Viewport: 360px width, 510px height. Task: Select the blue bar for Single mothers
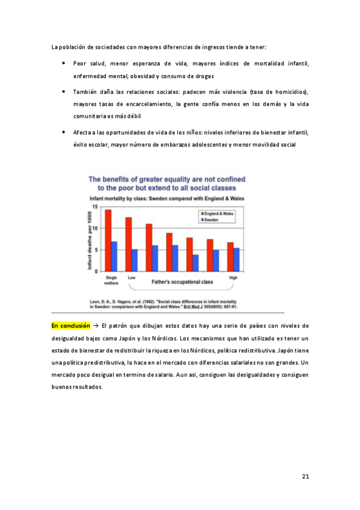(114, 256)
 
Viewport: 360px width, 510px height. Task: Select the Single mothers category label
(112, 280)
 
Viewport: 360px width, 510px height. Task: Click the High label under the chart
(233, 277)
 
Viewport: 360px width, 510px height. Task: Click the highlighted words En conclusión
(70, 325)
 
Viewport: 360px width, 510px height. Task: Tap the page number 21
(305, 477)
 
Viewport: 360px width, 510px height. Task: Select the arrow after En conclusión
(96, 325)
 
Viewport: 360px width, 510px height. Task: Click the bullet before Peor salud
(64, 63)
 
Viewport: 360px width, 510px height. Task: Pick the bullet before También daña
(64, 91)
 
